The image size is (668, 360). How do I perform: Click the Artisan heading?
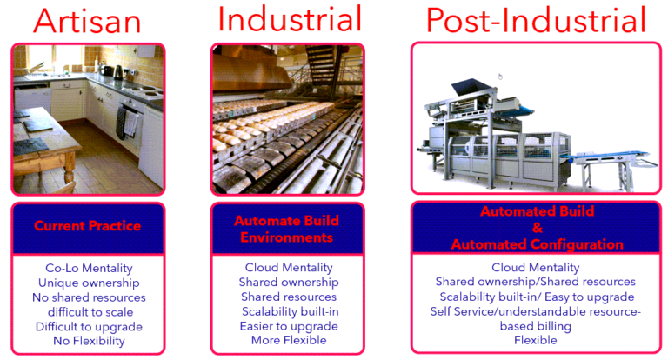coord(87,21)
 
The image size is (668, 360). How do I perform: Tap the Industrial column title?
coord(290,18)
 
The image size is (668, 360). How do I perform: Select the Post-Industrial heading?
coord(536,20)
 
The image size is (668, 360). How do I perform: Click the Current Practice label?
coord(87,226)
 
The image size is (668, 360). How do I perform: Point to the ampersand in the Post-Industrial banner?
coord(538,228)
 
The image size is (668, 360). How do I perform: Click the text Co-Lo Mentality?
coord(89,268)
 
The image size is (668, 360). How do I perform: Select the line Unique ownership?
coord(89,283)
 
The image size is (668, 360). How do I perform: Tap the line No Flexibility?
coord(89,341)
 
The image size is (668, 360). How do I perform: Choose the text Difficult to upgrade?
coord(89,327)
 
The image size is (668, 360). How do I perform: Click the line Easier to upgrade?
coord(289,326)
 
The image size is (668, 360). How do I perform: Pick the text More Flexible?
coord(289,340)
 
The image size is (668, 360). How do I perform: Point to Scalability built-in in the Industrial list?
coord(291,311)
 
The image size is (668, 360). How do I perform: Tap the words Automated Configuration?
coord(538,244)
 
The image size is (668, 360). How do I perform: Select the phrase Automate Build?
coord(286,221)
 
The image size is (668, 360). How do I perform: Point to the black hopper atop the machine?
coord(471,86)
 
